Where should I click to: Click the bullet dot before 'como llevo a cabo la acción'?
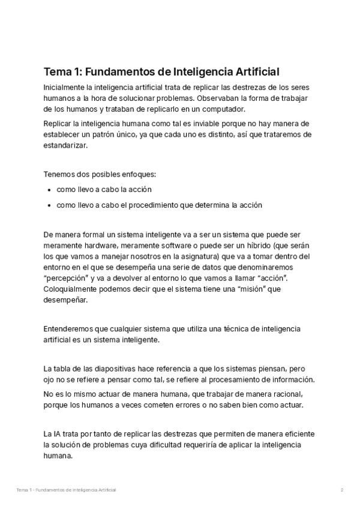point(48,190)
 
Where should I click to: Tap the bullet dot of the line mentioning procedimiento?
point(48,205)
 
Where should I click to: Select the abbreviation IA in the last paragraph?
point(56,434)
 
